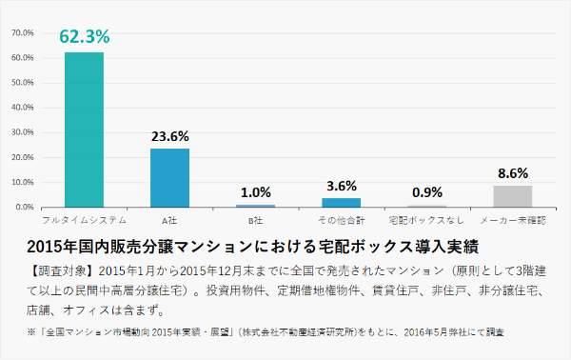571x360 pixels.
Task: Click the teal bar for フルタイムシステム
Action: [x=84, y=130]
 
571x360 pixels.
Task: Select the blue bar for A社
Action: [x=169, y=177]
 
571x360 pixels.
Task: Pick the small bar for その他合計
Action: [x=342, y=202]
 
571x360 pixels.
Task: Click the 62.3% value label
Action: [x=85, y=38]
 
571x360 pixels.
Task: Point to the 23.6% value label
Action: [x=169, y=136]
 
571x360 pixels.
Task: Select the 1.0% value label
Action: [x=256, y=192]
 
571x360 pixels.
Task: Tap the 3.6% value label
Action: [x=342, y=186]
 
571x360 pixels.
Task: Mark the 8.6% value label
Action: [x=513, y=173]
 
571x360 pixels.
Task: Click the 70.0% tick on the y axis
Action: [x=23, y=33]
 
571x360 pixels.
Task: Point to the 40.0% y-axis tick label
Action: [x=23, y=108]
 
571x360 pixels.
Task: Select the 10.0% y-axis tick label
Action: [x=23, y=182]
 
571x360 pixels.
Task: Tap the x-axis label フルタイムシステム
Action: [x=84, y=219]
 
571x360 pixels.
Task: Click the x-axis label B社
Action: [x=256, y=219]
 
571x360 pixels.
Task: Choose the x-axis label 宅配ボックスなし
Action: [x=427, y=219]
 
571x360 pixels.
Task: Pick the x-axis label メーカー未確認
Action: [x=513, y=219]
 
